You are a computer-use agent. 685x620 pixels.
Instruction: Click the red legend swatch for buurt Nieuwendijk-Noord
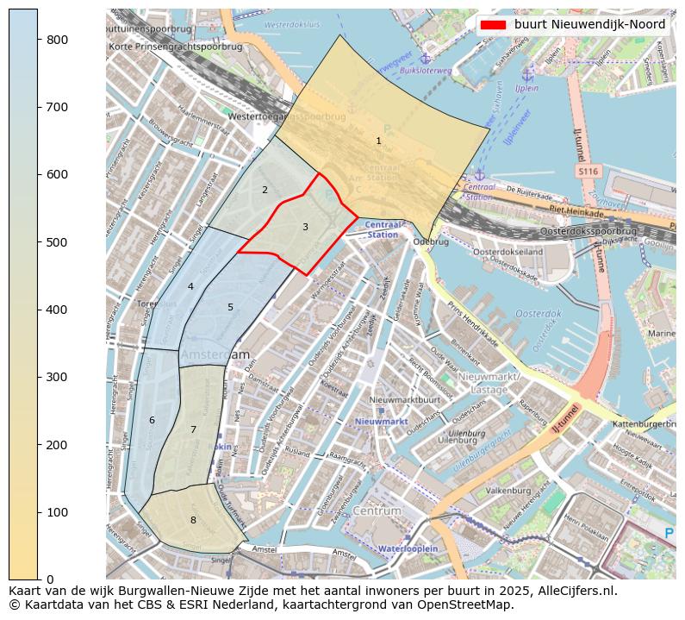pyautogui.click(x=494, y=24)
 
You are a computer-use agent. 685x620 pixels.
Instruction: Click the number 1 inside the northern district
pyautogui.click(x=378, y=141)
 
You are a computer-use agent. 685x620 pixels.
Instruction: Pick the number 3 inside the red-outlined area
pyautogui.click(x=305, y=227)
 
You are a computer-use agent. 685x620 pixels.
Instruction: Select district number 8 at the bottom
pyautogui.click(x=193, y=520)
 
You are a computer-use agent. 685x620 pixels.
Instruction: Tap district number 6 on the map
pyautogui.click(x=152, y=420)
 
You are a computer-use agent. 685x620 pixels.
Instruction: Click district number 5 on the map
pyautogui.click(x=230, y=307)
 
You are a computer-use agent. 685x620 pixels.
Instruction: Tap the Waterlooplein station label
pyautogui.click(x=408, y=548)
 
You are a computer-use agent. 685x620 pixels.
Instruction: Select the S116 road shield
pyautogui.click(x=588, y=172)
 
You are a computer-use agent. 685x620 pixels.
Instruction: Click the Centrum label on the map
pyautogui.click(x=377, y=511)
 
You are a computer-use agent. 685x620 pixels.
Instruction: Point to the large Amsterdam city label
pyautogui.click(x=215, y=354)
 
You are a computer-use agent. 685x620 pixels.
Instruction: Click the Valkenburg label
pyautogui.click(x=508, y=490)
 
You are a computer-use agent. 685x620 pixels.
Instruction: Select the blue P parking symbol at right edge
pyautogui.click(x=669, y=534)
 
